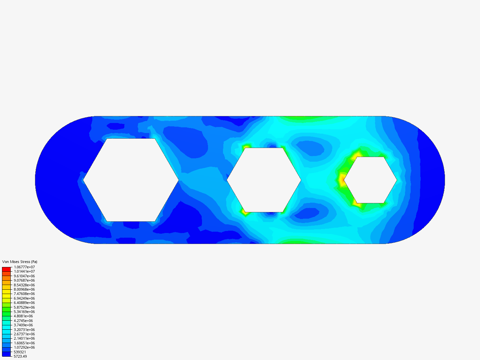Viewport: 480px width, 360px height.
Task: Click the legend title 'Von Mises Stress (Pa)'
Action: (20, 262)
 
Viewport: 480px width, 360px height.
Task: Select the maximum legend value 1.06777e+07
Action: (24, 267)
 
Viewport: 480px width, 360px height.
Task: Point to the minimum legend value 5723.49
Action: (20, 357)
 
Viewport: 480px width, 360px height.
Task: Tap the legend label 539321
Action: (20, 352)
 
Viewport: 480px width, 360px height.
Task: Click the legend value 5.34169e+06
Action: (24, 312)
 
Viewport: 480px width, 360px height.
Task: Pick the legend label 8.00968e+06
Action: (24, 289)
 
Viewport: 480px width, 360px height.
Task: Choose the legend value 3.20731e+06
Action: (24, 330)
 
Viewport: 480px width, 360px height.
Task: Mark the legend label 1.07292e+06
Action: (24, 347)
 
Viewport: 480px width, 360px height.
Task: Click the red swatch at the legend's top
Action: (6, 269)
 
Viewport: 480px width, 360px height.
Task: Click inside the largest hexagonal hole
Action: (131, 180)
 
